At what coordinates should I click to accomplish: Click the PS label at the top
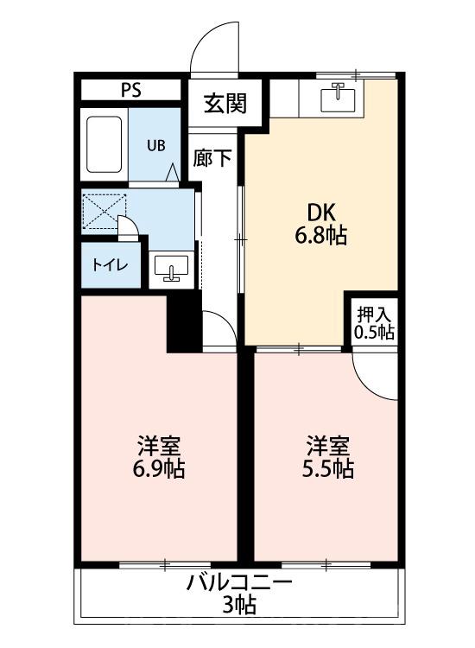(132, 89)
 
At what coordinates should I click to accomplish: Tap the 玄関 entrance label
(225, 103)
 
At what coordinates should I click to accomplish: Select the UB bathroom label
(155, 145)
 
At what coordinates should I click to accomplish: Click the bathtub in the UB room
(105, 144)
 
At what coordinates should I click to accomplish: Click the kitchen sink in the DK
(338, 97)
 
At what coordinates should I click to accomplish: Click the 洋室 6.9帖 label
(159, 458)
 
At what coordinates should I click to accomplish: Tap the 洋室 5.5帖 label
(328, 458)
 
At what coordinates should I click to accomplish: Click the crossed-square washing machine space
(104, 210)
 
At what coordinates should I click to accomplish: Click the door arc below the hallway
(218, 328)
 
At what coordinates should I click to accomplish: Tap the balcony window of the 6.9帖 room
(164, 565)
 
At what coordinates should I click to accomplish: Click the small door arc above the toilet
(127, 227)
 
